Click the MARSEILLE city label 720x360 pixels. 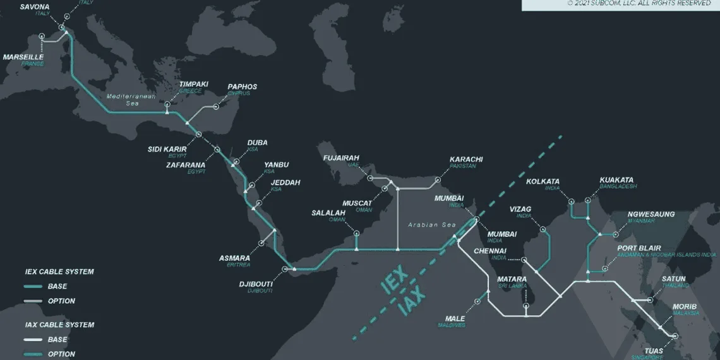click(x=23, y=57)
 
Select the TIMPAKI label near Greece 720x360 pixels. click(x=194, y=84)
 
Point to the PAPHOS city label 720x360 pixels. click(x=242, y=87)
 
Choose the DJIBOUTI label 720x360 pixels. click(x=255, y=284)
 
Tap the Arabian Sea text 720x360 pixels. click(x=431, y=225)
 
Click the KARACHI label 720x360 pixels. click(x=466, y=159)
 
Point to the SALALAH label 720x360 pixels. click(x=328, y=213)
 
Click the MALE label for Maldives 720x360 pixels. click(x=455, y=318)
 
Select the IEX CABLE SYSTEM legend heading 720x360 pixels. click(x=59, y=272)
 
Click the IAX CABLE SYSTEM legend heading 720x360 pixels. click(x=59, y=325)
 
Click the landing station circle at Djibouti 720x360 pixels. click(x=284, y=269)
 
